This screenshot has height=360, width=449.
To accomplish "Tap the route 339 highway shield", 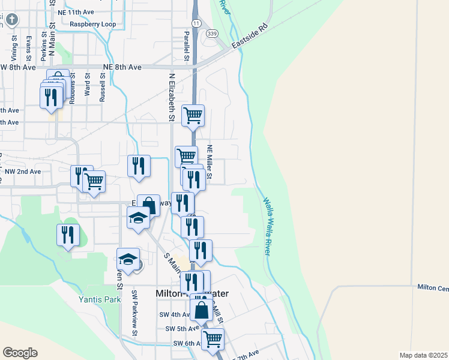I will pos(211,34).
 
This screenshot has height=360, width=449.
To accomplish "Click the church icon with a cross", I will pos(11,20).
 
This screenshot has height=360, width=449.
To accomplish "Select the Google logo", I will pos(20,352).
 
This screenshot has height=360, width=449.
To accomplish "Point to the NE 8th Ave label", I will pos(122,67).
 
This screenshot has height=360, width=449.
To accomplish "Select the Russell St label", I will pos(103,86).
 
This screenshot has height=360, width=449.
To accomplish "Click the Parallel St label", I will pos(187,46).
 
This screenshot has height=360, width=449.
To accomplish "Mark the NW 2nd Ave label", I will pos(22,172).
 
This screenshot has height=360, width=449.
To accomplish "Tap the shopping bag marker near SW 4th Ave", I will pos(202,310).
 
